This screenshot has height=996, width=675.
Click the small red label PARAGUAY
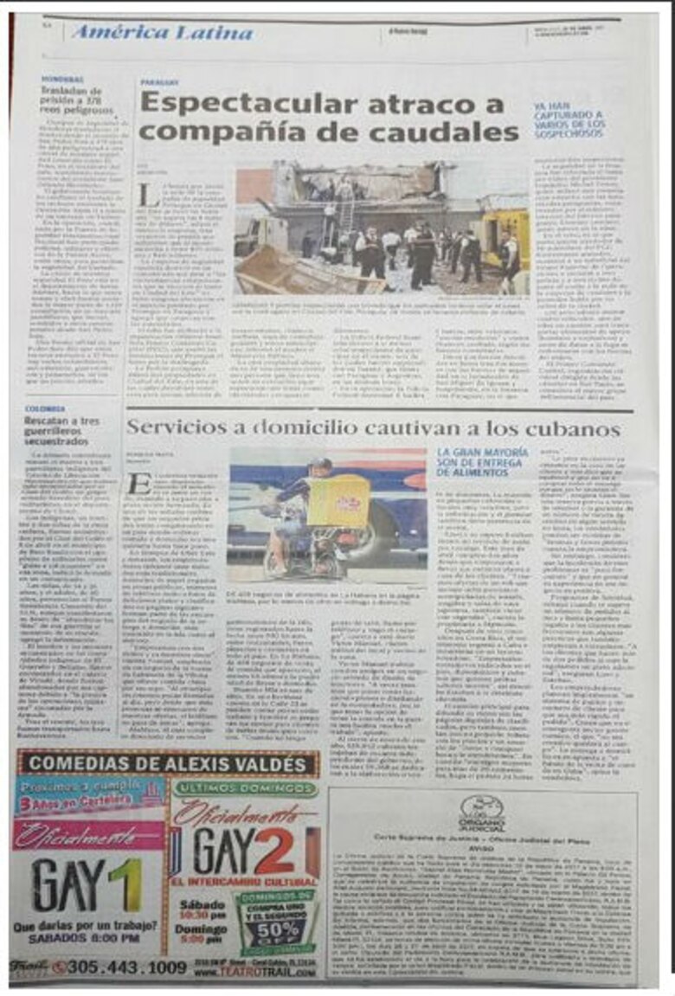pyautogui.click(x=160, y=83)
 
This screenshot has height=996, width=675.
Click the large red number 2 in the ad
pyautogui.click(x=275, y=851)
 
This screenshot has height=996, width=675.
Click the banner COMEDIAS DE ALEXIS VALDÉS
pyautogui.click(x=164, y=764)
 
